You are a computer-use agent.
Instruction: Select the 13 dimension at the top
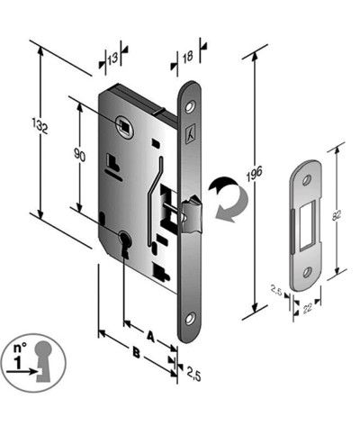[112, 59]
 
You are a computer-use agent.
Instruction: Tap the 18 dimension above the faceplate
[186, 59]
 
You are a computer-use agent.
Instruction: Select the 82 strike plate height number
[338, 217]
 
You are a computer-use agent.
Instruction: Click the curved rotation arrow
[224, 197]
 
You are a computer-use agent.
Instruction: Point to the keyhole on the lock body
[123, 245]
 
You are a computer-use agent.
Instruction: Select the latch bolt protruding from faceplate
[191, 216]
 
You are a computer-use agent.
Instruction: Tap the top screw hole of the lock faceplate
[190, 106]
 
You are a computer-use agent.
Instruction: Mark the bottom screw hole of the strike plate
[308, 267]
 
